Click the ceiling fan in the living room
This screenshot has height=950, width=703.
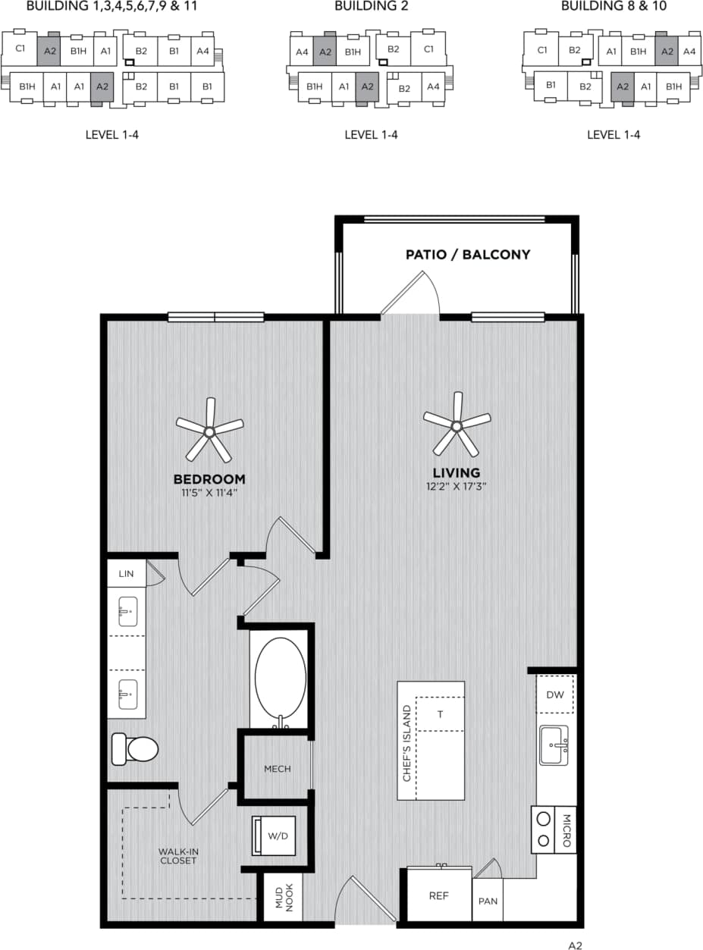pos(457,425)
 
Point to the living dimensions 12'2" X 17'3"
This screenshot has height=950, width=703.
pos(456,487)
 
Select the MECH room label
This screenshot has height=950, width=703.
pos(277,769)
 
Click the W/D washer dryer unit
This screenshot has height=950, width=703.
pos(274,836)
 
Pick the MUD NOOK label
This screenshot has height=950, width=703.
pos(283,897)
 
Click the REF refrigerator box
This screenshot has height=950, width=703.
pos(439,896)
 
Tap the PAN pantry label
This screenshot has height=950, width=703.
pos(488,901)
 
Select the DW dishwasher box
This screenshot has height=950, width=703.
pos(555,694)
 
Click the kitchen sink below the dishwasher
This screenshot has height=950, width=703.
pos(554,746)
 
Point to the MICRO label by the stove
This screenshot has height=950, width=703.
pos(566,831)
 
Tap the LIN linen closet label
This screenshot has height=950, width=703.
pos(126,574)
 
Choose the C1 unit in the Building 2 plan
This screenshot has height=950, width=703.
pos(428,49)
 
